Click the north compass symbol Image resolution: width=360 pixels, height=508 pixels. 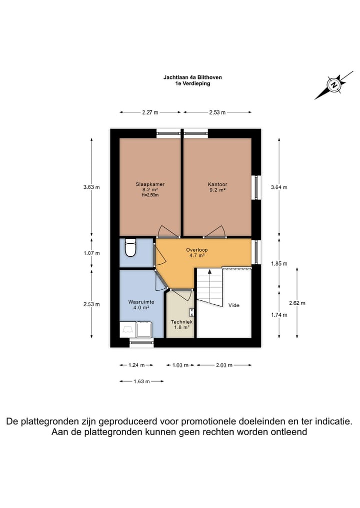334,85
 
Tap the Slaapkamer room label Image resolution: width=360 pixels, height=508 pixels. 150,184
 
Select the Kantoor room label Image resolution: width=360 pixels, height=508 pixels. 217,184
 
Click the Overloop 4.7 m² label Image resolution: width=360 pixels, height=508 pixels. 196,253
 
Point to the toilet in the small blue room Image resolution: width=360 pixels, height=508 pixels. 130,248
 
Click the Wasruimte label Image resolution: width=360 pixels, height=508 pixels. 141,302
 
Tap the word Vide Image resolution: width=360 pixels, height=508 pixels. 233,305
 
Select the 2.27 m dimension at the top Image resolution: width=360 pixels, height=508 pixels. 150,112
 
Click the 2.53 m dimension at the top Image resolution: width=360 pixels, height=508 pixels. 217,112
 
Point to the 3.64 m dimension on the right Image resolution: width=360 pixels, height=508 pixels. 278,187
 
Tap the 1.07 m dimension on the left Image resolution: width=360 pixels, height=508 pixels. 91,253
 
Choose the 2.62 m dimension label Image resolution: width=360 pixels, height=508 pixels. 297,303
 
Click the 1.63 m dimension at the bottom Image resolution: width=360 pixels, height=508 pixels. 142,381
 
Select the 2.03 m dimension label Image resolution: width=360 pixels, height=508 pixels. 224,365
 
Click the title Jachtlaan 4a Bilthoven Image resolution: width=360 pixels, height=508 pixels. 192,77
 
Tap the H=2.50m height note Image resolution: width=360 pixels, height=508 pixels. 150,195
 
